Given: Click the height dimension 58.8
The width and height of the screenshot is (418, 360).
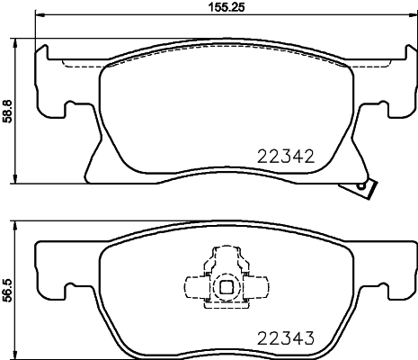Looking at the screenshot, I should click(8, 111).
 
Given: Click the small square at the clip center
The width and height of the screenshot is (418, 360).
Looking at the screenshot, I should click(227, 288).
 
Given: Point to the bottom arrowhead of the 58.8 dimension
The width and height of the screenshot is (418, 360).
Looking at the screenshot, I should click(21, 181).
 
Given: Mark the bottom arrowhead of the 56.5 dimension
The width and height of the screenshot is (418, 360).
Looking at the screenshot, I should click(21, 355).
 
